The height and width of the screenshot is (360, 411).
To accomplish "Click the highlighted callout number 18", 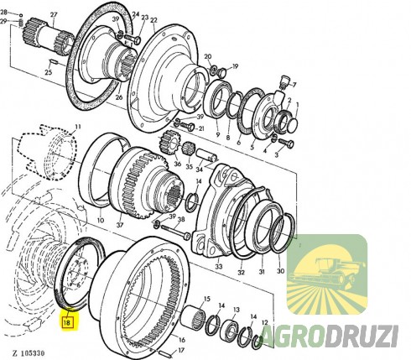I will point(66,320).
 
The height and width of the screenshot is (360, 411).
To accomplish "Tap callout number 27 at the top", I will point(54,16).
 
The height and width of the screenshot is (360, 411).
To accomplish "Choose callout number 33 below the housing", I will point(219,267).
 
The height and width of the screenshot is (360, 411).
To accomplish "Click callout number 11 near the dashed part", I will point(76,127).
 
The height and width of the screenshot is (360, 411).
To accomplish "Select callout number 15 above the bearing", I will point(206,300).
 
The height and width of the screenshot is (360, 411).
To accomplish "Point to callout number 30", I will point(281,270).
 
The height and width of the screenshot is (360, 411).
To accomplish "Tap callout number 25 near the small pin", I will point(49,72).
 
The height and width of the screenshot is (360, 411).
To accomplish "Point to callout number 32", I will point(241,273).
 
